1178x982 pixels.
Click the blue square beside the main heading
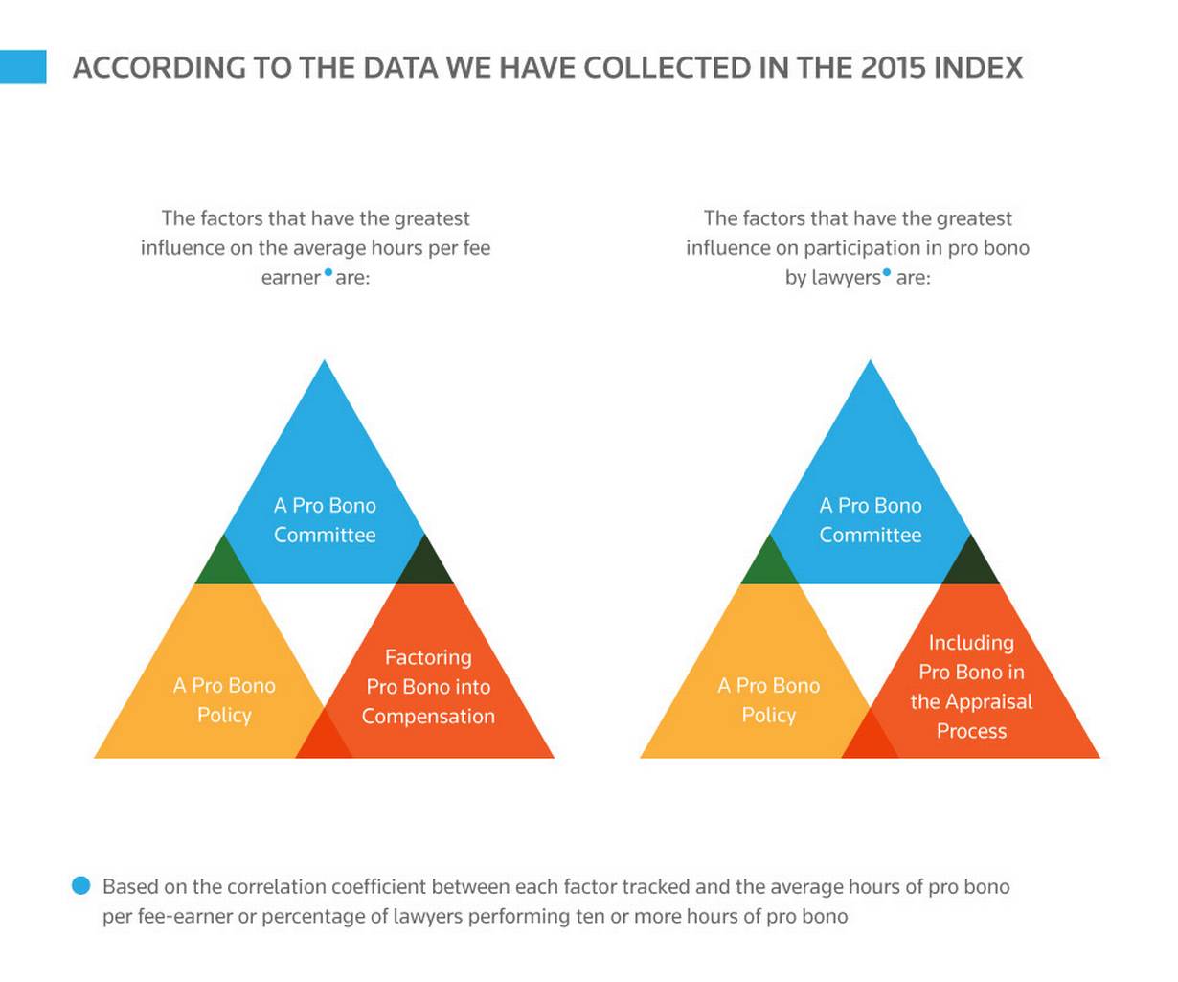[x=23, y=67]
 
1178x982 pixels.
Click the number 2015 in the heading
[x=894, y=67]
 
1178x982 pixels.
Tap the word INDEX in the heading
[x=978, y=67]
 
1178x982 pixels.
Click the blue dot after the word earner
[x=328, y=272]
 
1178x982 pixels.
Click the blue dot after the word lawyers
[x=886, y=272]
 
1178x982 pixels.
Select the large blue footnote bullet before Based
[x=80, y=885]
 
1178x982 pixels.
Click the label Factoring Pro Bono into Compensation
[x=428, y=686]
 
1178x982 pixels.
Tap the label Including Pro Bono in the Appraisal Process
[x=971, y=686]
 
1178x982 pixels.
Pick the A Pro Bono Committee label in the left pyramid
[x=325, y=520]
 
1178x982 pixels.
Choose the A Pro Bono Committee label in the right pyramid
[x=870, y=520]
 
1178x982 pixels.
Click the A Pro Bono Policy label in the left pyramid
[x=224, y=699]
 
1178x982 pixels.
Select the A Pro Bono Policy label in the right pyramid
[x=768, y=699]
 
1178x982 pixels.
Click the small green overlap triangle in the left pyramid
[x=224, y=566]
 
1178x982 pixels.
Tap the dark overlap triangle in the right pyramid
[x=970, y=566]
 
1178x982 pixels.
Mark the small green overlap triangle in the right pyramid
[x=770, y=566]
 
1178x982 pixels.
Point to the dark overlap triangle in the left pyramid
[x=424, y=566]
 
